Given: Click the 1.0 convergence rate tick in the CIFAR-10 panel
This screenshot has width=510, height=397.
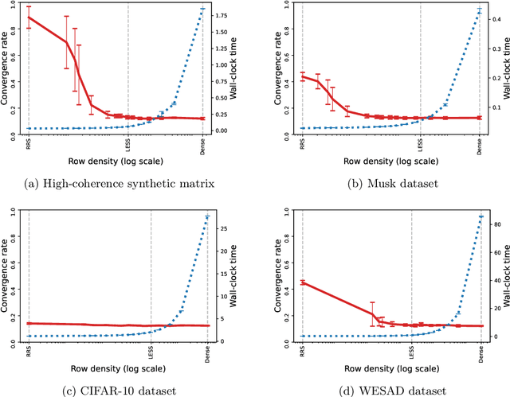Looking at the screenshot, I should click(18, 210).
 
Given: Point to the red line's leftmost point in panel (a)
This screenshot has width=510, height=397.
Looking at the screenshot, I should click(29, 17).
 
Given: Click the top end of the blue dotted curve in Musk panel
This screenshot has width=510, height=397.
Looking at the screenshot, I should click(479, 10).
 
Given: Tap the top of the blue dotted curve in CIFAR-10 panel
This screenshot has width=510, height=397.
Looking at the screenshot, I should click(207, 216).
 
